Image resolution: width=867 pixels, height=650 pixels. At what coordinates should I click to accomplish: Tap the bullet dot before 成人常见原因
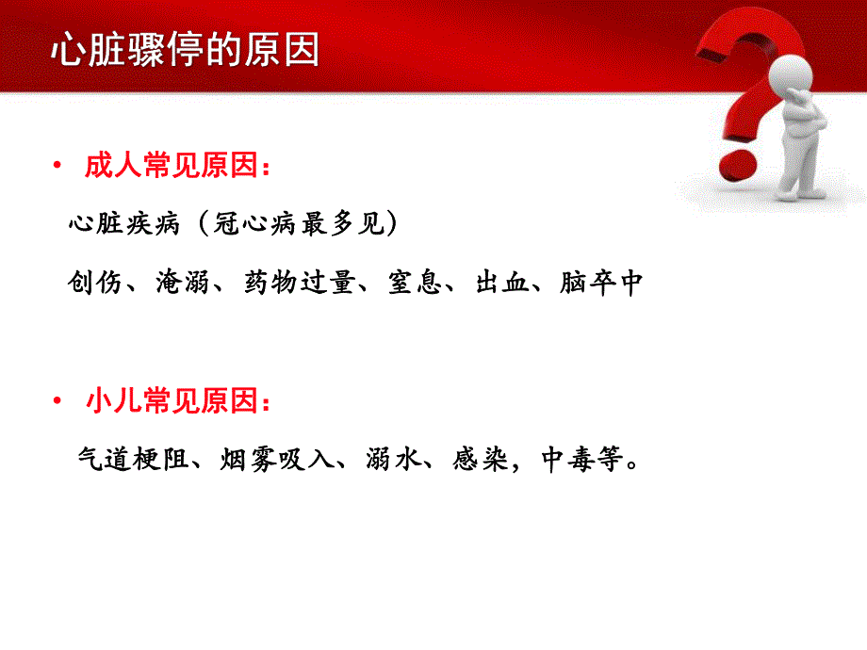pyautogui.click(x=58, y=168)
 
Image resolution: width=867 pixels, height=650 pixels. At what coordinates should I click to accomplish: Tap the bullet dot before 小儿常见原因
pyautogui.click(x=58, y=404)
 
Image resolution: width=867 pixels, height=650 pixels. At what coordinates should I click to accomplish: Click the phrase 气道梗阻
pyautogui.click(x=131, y=461)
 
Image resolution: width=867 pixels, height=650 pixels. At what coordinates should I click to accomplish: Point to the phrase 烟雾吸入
pyautogui.click(x=276, y=461)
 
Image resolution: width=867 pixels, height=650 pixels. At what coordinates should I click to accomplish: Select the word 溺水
pyautogui.click(x=393, y=461)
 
